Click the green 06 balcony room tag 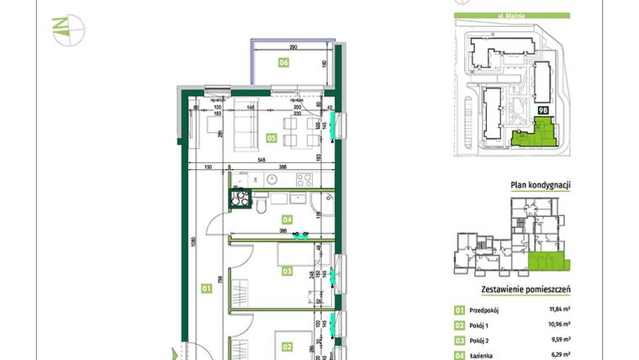284,62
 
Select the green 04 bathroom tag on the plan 288,220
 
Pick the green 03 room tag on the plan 287,271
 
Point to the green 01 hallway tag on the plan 205,289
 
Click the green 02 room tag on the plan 287,346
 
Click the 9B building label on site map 542,109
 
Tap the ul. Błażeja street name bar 511,14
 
